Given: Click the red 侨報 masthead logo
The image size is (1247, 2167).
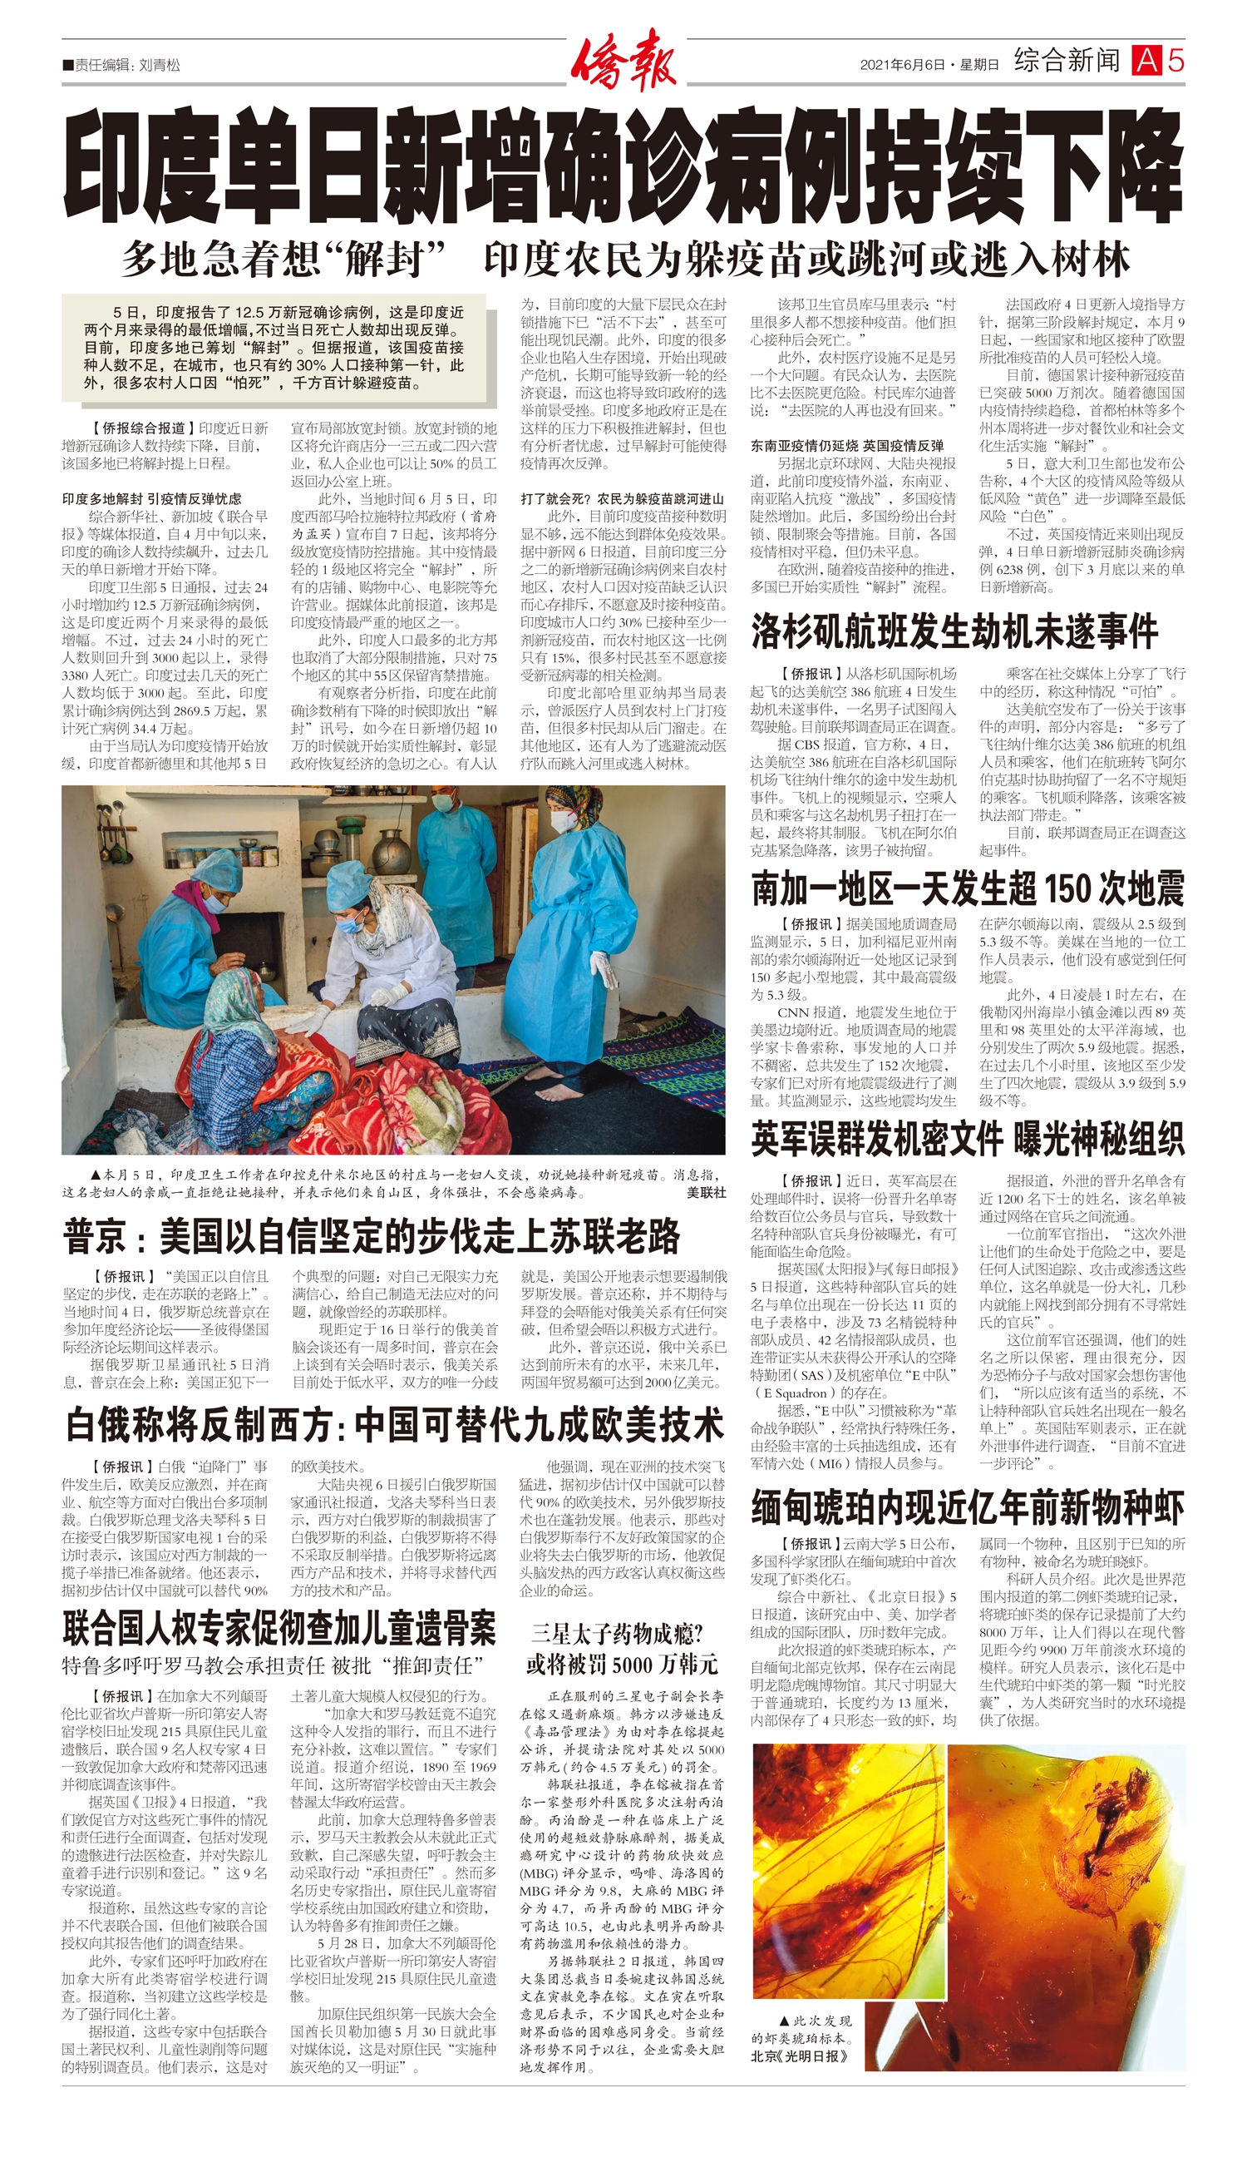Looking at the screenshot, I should click(623, 60).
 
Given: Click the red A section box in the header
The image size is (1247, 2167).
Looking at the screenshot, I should click(1146, 61).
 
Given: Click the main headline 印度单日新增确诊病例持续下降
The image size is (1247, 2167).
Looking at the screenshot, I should click(623, 166).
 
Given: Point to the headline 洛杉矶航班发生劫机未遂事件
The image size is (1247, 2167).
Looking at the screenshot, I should click(954, 631).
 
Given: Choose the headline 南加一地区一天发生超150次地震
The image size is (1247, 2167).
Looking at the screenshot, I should click(968, 888).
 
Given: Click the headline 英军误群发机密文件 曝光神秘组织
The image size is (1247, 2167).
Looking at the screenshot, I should click(968, 1139).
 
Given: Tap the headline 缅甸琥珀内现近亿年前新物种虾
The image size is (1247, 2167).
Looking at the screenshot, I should click(968, 1507).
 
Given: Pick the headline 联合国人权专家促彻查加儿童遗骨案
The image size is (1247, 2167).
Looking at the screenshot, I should click(279, 1629).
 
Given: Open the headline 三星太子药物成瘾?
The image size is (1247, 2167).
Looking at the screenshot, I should click(616, 1634).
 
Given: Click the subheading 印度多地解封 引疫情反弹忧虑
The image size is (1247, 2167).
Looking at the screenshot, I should click(151, 498).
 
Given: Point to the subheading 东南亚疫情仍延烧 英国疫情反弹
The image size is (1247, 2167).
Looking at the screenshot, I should click(847, 446).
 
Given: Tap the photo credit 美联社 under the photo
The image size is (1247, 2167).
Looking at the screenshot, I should click(706, 1192).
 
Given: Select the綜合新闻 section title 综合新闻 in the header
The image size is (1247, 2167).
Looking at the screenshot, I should click(1067, 61).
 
